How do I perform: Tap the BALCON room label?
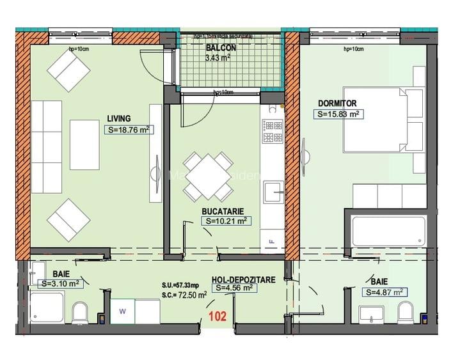[x=221, y=48]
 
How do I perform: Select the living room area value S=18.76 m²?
[x=129, y=130]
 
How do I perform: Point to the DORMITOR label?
[x=337, y=103]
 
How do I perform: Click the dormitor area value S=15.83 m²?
[x=338, y=114]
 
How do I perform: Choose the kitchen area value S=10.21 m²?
[x=226, y=221]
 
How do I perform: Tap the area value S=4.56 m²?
[x=235, y=288]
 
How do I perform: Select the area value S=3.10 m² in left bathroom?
[x=61, y=283]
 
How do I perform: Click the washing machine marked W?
[x=122, y=311]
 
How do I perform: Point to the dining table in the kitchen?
[x=205, y=176]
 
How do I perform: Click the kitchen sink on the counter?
[x=274, y=190]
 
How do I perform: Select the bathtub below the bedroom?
[x=388, y=231]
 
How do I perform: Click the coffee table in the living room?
[x=84, y=145]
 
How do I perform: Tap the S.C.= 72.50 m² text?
[x=184, y=295]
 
